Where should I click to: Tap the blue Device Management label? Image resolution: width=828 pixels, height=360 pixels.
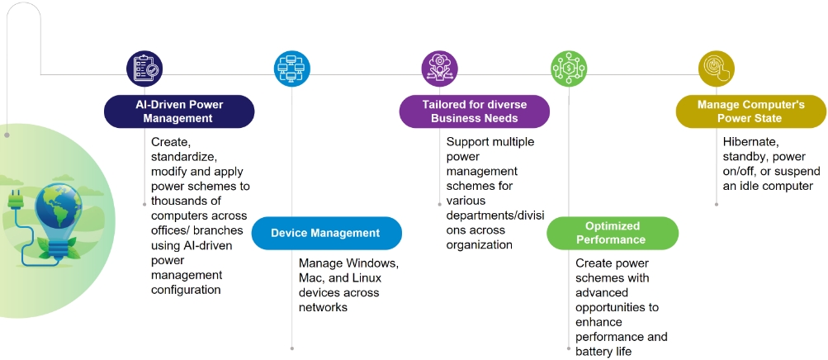pos(325,233)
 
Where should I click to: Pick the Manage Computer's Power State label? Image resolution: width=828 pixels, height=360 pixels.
pos(750,111)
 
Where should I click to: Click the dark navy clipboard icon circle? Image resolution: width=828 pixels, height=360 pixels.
pos(145,69)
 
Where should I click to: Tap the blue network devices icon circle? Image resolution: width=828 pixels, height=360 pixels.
pos(292,69)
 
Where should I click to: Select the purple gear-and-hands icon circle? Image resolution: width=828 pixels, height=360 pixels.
pos(439,69)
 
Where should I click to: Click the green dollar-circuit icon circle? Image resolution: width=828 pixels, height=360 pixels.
pos(569,69)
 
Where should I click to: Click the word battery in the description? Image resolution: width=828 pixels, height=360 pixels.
pos(596,352)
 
